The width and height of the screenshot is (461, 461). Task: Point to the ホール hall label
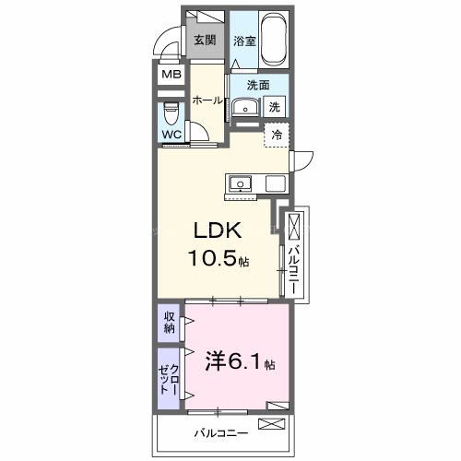click(x=207, y=101)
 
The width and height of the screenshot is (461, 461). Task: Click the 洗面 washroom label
click(x=257, y=85)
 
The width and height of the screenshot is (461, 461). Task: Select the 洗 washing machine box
click(x=275, y=107)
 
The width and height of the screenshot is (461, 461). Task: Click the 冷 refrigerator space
click(x=277, y=135)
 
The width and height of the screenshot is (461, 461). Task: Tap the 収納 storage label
click(x=169, y=323)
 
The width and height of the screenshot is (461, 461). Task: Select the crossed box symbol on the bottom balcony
click(x=274, y=424)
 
